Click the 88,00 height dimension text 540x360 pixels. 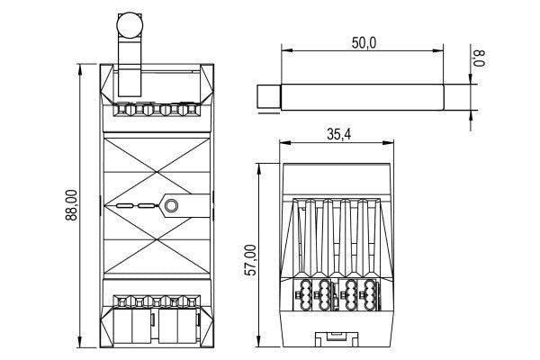(71, 204)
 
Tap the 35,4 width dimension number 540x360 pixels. (338, 135)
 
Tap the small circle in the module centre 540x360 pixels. (170, 206)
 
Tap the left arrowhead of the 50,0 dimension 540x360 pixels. (284, 50)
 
